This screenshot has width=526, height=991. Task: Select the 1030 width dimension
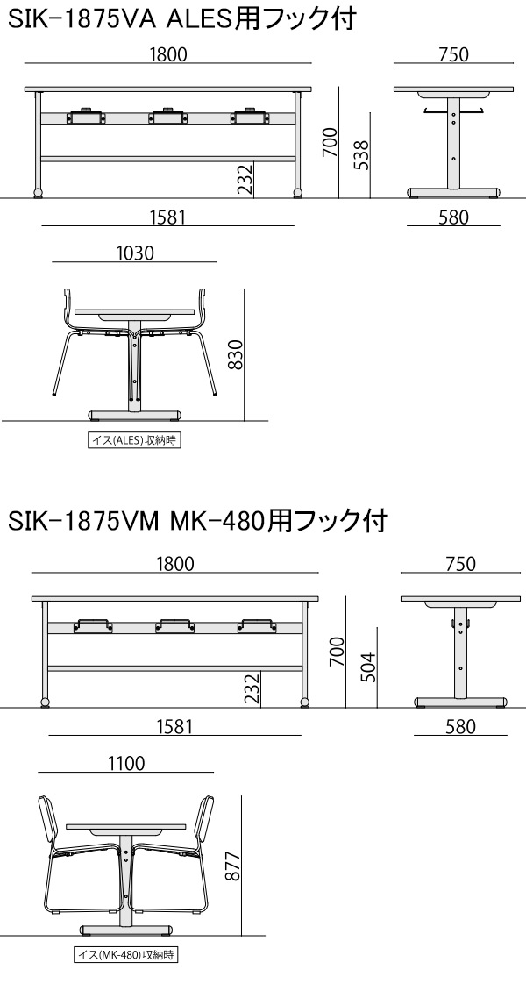[x=135, y=253]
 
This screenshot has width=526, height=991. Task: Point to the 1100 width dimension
[x=126, y=764]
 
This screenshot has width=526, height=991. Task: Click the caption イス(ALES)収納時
[x=134, y=440]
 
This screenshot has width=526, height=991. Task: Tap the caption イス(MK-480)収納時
[x=125, y=952]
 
